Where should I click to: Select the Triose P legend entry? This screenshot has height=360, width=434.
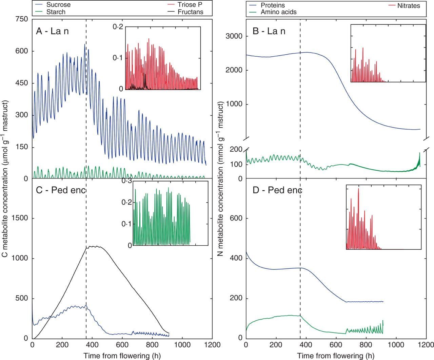tap(191, 5)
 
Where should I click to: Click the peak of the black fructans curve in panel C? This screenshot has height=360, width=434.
tap(97, 246)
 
